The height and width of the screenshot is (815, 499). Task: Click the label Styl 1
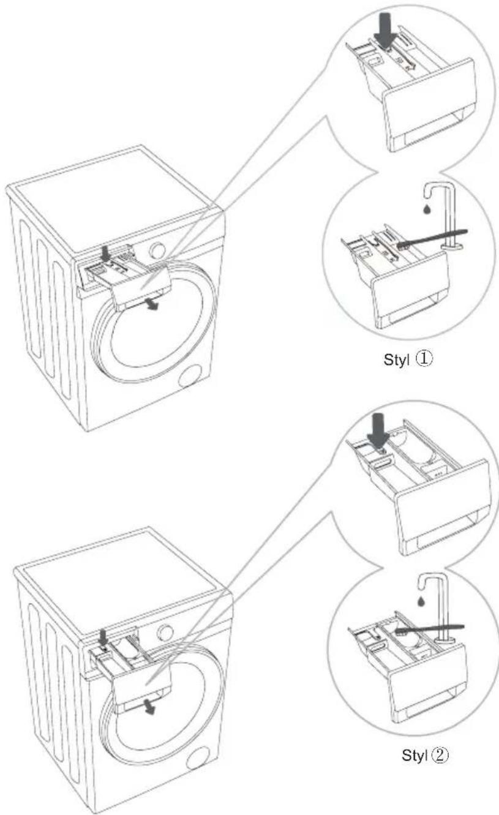coord(408,359)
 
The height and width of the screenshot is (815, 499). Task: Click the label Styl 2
coord(425,756)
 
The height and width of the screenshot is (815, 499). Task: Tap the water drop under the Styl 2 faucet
coord(421,601)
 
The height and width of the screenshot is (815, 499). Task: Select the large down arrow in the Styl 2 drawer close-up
coord(378,431)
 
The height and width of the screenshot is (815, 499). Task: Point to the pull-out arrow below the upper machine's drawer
coord(152,304)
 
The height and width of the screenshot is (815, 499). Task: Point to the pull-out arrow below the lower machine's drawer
coord(149,707)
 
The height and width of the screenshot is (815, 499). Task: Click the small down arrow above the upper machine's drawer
coord(105,254)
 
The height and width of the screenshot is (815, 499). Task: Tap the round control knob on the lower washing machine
coord(165,633)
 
